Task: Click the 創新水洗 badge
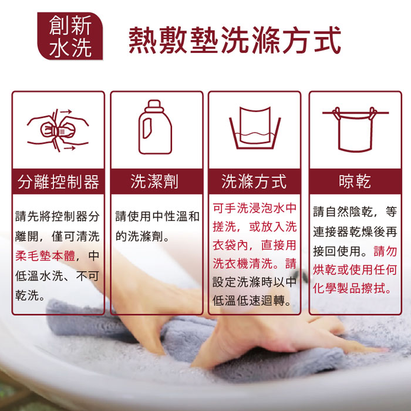pos(70,36)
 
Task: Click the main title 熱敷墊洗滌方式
pos(235,40)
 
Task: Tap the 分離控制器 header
pos(58,181)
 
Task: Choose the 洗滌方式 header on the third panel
pos(254,181)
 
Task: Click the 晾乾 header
pos(355,181)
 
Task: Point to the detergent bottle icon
pos(155,127)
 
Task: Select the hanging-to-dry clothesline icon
pos(355,129)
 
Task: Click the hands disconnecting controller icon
pos(58,130)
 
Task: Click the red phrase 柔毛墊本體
pos(45,256)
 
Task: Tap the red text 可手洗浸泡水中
pos(254,208)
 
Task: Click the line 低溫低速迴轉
pos(252,301)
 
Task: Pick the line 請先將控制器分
pos(58,217)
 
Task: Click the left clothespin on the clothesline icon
pos(337,113)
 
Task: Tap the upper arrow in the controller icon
pos(66,112)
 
